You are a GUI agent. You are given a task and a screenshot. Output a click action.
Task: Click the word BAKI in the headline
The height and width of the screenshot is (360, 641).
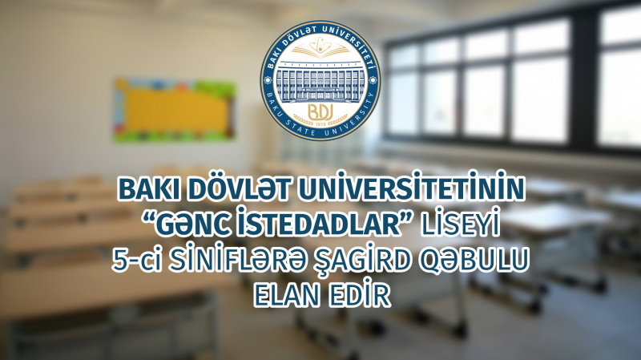(148, 190)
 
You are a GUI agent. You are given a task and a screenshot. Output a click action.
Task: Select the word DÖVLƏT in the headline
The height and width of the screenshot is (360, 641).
(238, 188)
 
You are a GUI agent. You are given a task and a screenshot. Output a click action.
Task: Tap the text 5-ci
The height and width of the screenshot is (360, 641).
(136, 261)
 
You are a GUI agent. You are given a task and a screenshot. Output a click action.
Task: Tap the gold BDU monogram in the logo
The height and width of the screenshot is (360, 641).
(320, 111)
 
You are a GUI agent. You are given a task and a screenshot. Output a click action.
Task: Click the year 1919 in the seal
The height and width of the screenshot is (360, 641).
(320, 123)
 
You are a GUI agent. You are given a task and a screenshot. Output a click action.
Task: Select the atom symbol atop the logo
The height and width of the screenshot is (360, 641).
(320, 44)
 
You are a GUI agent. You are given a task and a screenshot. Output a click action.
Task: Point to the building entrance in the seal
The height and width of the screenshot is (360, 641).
(320, 95)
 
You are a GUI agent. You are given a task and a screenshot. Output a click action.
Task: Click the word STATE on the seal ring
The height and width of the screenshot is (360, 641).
(305, 130)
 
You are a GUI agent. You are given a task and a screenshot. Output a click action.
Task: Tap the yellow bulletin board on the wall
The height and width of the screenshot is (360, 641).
(175, 111)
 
